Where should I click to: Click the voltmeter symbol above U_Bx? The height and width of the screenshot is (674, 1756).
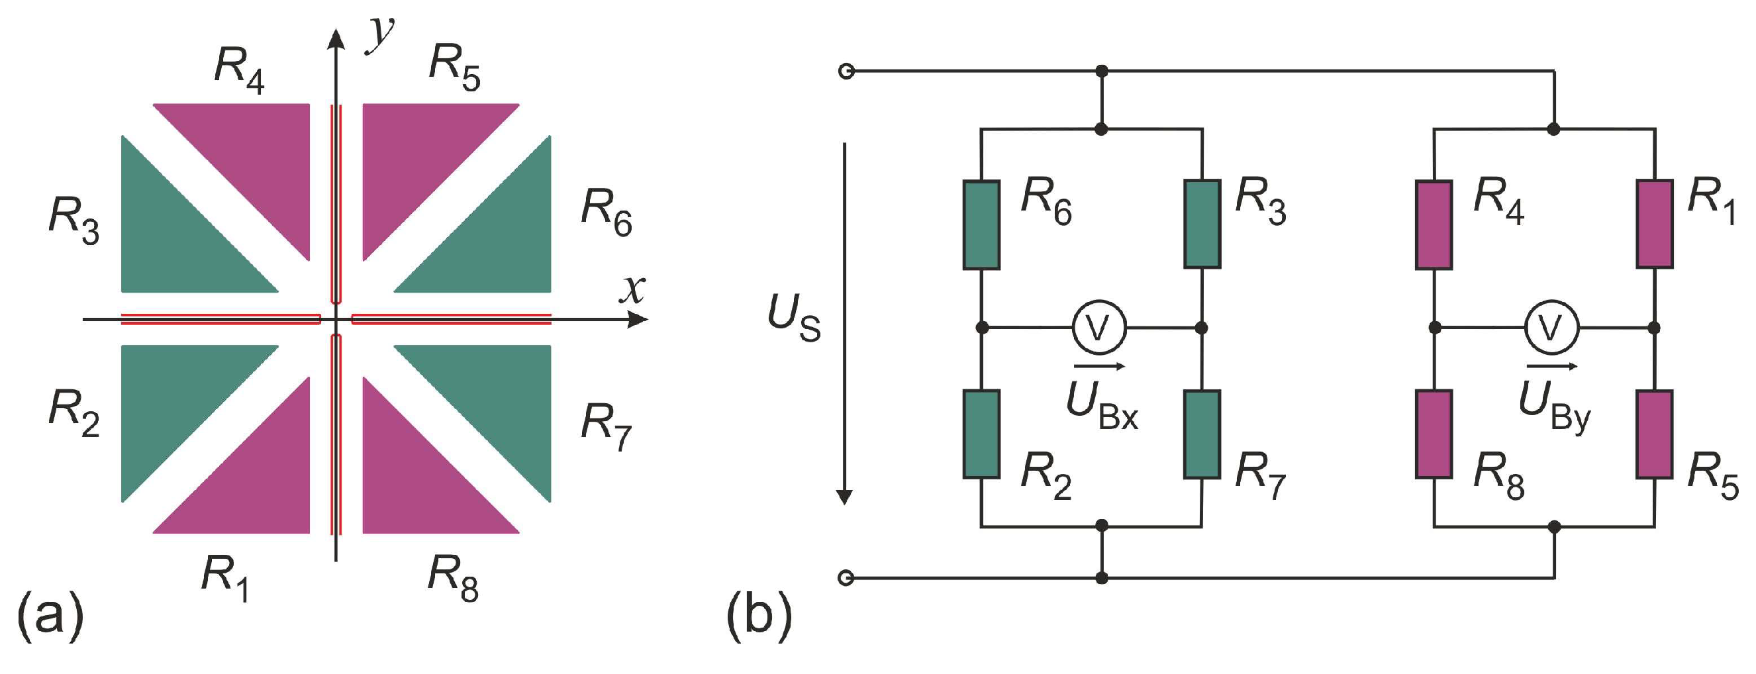tap(1098, 328)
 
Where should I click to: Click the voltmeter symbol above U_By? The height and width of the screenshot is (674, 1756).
tap(1551, 328)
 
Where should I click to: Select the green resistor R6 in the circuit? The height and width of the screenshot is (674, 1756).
tap(981, 225)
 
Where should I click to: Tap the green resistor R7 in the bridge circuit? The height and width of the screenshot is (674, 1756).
tap(1202, 434)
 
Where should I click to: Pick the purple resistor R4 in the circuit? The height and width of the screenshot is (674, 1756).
tap(1434, 225)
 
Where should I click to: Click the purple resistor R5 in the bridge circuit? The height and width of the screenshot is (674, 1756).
tap(1655, 434)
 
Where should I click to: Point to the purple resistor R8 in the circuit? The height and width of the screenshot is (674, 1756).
tap(1434, 434)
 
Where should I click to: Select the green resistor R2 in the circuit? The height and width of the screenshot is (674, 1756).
tap(981, 434)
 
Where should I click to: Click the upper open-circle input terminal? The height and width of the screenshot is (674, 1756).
tap(846, 71)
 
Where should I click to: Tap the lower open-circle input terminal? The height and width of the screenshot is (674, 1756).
tap(846, 578)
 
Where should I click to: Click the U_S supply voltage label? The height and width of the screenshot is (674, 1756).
tap(793, 318)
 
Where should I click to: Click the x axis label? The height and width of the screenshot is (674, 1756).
tap(632, 289)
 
